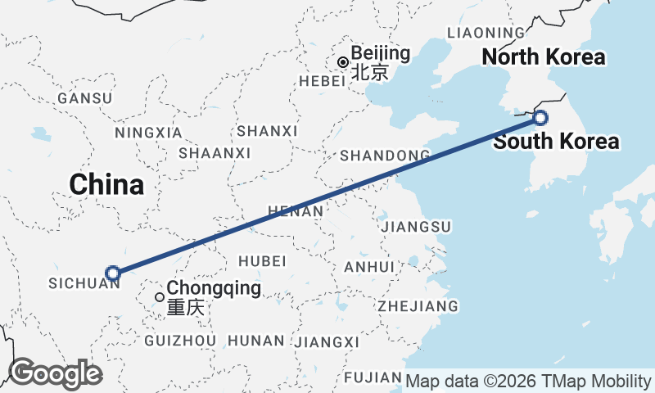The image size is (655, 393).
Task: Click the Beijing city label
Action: (x=380, y=54)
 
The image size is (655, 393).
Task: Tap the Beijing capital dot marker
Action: (x=343, y=62)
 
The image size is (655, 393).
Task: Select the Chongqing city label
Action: (x=214, y=288)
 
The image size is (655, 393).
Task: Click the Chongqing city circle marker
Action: (x=160, y=296)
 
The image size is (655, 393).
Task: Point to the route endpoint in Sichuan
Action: (x=113, y=273)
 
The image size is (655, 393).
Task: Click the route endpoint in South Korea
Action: (x=540, y=117)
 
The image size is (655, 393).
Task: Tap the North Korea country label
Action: (x=543, y=57)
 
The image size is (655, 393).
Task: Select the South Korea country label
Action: (x=556, y=142)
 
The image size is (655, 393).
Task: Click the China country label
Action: (x=106, y=184)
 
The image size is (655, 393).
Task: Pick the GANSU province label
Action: (x=84, y=98)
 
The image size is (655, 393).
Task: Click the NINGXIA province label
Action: (x=148, y=133)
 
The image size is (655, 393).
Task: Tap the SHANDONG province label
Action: (x=385, y=156)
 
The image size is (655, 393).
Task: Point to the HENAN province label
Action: (x=295, y=211)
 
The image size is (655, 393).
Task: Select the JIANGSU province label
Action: (x=417, y=226)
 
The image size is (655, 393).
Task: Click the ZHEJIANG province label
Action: (x=418, y=306)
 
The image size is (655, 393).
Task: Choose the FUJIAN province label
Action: (x=373, y=377)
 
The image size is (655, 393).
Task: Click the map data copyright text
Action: (x=528, y=382)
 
